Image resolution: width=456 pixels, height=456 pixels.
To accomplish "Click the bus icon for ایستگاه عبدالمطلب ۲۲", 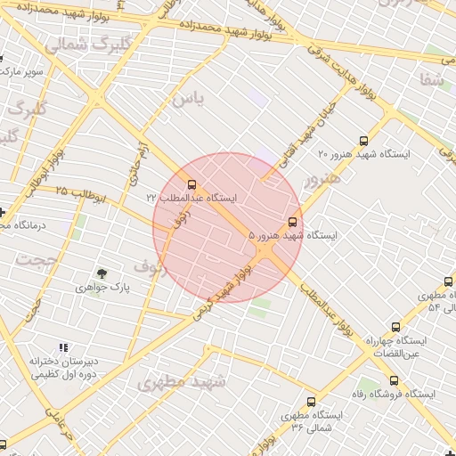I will point(193,185).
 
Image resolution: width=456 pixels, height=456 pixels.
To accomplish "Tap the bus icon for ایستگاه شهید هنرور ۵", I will point(293,223).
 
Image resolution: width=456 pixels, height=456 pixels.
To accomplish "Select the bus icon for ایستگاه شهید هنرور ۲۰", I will point(362,141).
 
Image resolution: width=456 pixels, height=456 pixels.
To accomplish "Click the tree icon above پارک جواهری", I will point(102,273).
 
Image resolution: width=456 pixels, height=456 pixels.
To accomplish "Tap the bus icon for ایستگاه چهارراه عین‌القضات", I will point(395,328).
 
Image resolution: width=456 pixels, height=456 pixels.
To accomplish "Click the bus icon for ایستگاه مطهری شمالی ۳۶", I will point(311,403).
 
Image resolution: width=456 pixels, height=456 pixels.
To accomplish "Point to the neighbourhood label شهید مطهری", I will point(183,382).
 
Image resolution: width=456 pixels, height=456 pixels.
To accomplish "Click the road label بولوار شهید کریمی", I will point(227,283).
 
